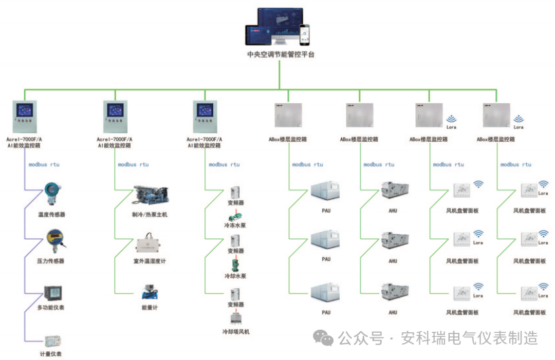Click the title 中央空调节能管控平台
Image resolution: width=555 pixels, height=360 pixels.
coord(280,54)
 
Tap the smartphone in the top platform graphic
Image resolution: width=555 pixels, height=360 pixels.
coord(305,34)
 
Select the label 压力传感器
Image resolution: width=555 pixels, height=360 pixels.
coord(51,261)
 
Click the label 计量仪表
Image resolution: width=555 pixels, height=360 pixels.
coord(51,354)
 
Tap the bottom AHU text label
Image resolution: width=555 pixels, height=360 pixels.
coord(393,312)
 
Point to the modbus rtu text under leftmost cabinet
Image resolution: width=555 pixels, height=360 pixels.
coord(44,165)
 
